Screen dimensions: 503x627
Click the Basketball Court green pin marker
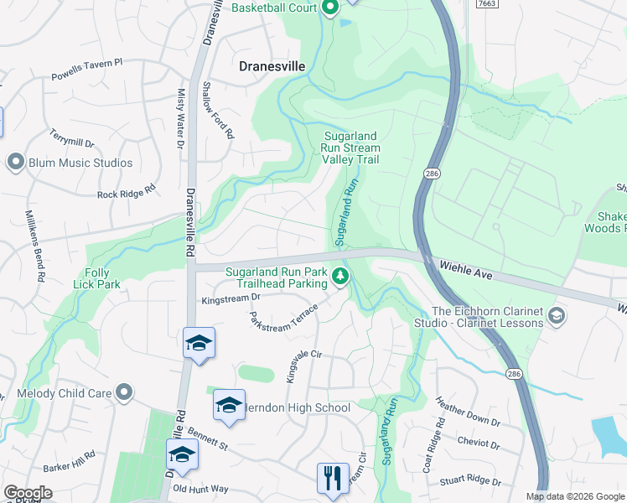pyautogui.click(x=329, y=8)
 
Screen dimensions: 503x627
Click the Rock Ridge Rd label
pyautogui.click(x=127, y=192)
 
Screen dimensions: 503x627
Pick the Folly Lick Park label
pyautogui.click(x=102, y=278)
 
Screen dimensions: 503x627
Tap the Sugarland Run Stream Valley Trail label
pyautogui.click(x=350, y=148)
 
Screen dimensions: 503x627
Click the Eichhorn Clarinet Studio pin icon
pyautogui.click(x=557, y=316)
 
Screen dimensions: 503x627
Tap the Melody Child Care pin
pyautogui.click(x=124, y=392)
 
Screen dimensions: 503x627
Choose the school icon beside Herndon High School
pyautogui.click(x=229, y=405)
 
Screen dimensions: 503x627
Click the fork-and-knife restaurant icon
pyautogui.click(x=333, y=478)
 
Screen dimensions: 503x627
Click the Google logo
pyautogui.click(x=28, y=493)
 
